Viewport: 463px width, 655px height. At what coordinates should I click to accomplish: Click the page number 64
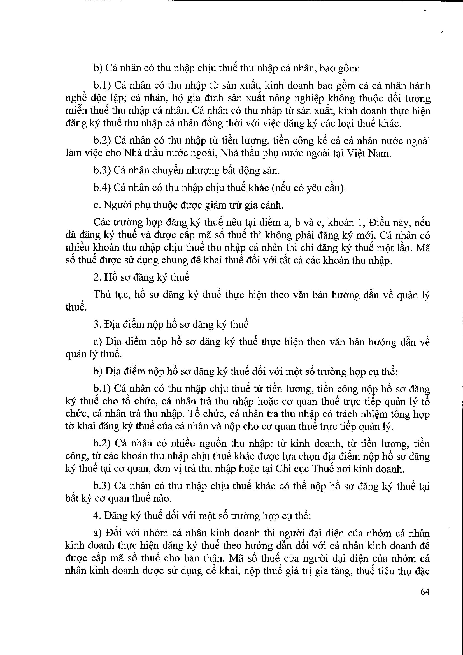(425, 592)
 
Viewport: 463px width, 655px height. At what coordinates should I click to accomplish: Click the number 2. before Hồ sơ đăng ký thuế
(97, 277)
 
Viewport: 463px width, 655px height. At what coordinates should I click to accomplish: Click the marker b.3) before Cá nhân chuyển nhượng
(102, 171)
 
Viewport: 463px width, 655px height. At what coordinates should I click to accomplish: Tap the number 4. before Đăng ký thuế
(97, 515)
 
